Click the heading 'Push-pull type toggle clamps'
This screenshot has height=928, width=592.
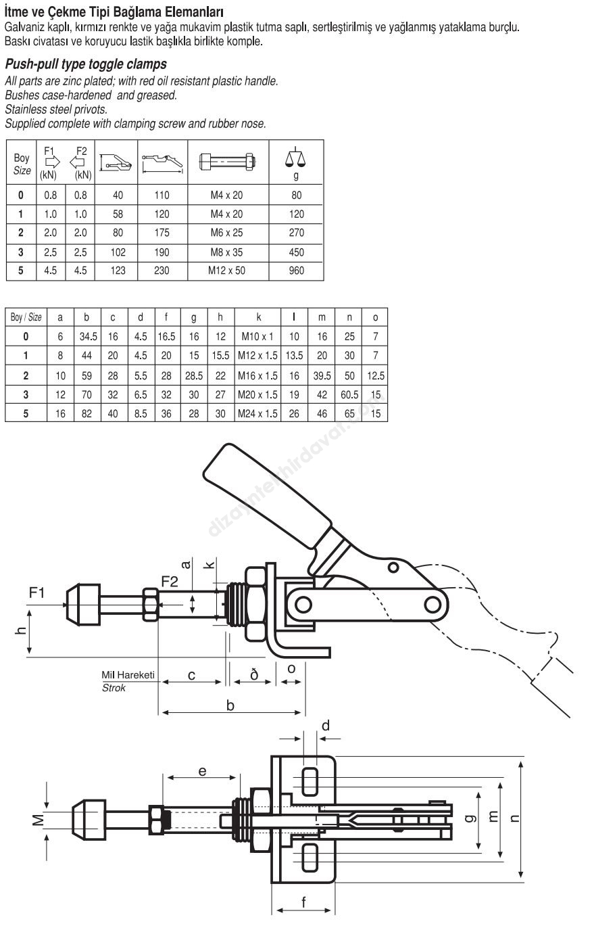click(86, 64)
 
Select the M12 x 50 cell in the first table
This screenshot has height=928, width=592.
click(226, 271)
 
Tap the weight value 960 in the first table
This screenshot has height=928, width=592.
click(297, 271)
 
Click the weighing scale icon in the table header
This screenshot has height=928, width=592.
click(296, 158)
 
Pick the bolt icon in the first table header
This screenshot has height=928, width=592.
click(228, 161)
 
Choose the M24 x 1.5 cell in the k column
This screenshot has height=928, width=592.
click(257, 413)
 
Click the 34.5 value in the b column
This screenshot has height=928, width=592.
click(88, 336)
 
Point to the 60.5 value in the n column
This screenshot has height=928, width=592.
click(349, 395)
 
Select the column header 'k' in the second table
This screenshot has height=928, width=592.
click(258, 317)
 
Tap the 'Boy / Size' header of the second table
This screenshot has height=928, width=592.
click(26, 317)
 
